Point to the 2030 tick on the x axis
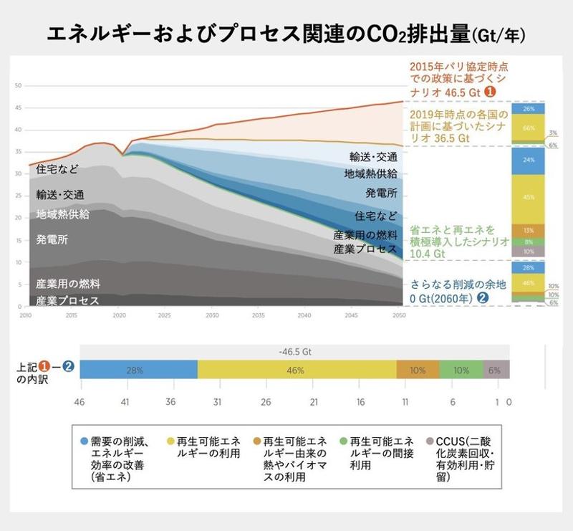(212, 315)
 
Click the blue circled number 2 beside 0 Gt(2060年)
(484, 297)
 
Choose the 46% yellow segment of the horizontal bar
(297, 370)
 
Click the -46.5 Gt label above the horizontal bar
(294, 352)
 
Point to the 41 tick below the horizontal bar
(125, 403)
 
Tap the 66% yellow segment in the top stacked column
(529, 128)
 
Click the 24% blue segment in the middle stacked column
(529, 160)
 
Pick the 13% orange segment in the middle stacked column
(529, 230)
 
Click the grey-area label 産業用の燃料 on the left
(68, 284)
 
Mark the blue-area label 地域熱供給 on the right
(370, 173)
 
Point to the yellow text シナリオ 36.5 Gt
(439, 137)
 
